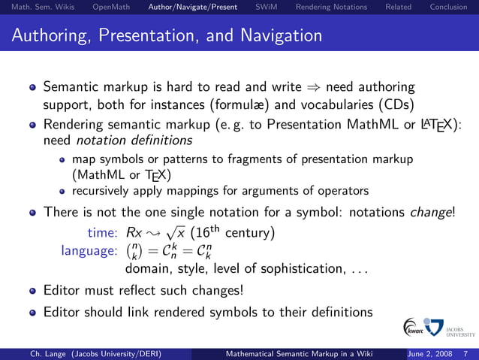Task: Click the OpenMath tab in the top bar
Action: [110, 8]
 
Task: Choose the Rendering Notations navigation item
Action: [331, 8]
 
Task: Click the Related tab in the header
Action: [397, 8]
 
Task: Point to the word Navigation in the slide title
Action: [279, 35]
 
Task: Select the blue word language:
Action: [89, 250]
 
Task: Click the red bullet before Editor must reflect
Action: [33, 290]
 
